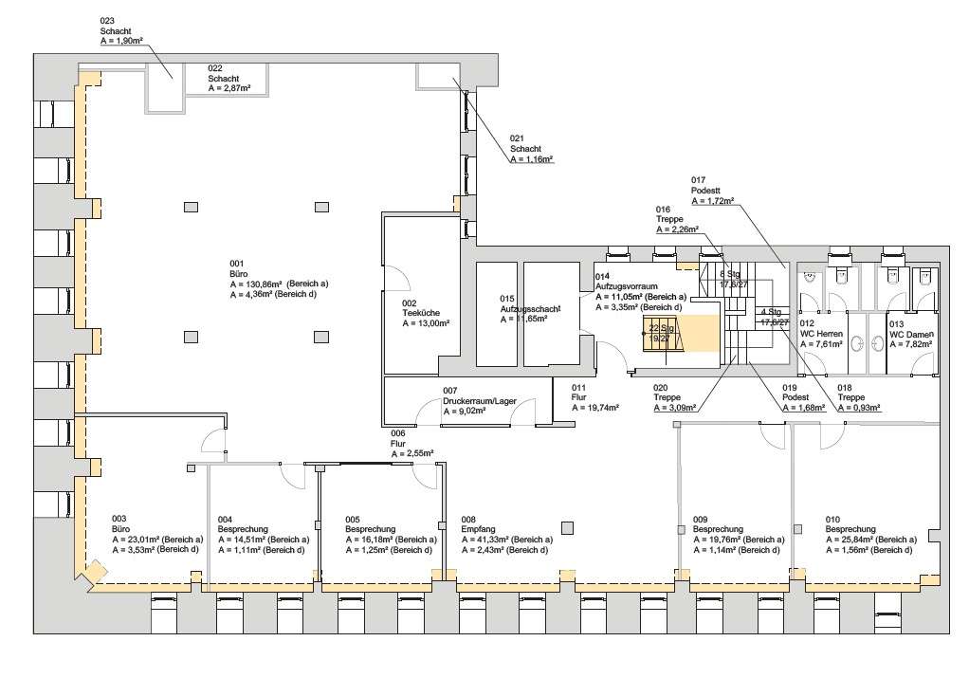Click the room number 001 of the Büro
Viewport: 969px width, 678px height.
(237, 263)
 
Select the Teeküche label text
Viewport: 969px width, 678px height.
(421, 313)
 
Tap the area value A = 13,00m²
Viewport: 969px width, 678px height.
(426, 323)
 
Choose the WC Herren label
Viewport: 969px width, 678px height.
(821, 334)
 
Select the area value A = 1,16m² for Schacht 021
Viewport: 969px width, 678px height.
(531, 160)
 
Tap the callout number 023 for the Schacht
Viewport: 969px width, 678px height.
(107, 21)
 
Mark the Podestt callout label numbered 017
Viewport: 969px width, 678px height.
(706, 191)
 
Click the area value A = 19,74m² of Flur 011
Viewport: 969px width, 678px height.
(595, 407)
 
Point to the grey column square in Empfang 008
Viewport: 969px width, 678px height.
(568, 528)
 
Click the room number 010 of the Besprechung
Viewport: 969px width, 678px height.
(832, 519)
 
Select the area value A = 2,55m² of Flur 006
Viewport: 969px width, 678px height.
(412, 453)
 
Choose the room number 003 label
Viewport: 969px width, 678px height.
(119, 519)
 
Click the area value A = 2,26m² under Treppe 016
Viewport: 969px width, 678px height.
(677, 229)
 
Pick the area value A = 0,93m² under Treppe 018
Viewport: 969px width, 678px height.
(859, 408)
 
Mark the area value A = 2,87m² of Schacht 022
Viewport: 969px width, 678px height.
(229, 88)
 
